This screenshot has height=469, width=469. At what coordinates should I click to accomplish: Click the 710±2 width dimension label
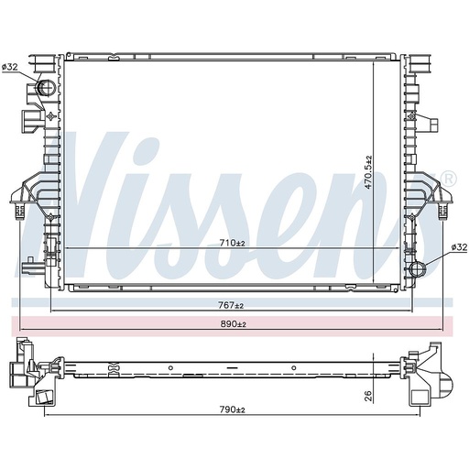point(233,243)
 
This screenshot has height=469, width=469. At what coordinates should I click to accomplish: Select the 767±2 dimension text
point(231,305)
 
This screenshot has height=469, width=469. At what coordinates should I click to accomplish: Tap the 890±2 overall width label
point(234,324)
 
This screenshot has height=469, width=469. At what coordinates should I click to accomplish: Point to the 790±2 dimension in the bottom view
point(233,409)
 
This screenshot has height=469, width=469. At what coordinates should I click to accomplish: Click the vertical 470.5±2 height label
point(369,172)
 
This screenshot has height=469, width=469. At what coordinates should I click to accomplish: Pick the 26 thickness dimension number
point(369,396)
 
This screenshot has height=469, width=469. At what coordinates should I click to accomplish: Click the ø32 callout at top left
point(10,67)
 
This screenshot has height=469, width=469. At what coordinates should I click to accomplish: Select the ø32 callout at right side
point(459,246)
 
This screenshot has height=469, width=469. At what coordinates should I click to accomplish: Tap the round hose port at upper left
point(45,87)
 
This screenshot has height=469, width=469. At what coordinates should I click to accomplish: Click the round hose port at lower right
point(418,269)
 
